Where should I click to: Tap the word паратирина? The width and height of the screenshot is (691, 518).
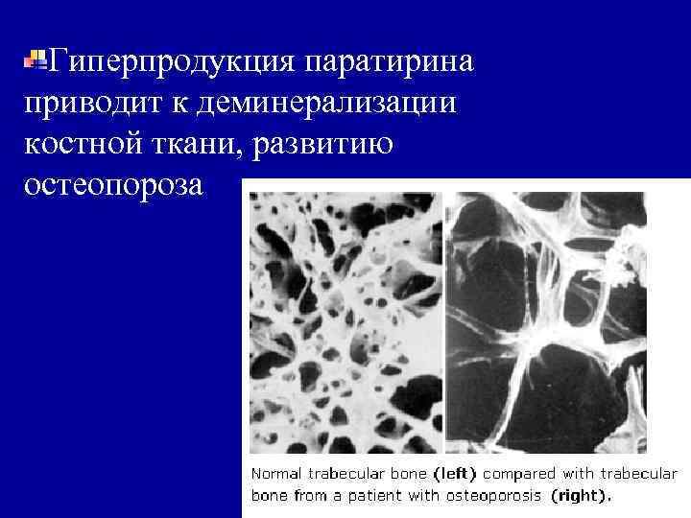pos(389,62)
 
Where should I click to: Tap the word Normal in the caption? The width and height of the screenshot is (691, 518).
pos(274,474)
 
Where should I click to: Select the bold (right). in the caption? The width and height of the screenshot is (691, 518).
pos(581,496)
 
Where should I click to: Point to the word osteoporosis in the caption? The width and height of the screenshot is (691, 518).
pos(504,496)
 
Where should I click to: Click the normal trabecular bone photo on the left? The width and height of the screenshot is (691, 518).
pos(345,321)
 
